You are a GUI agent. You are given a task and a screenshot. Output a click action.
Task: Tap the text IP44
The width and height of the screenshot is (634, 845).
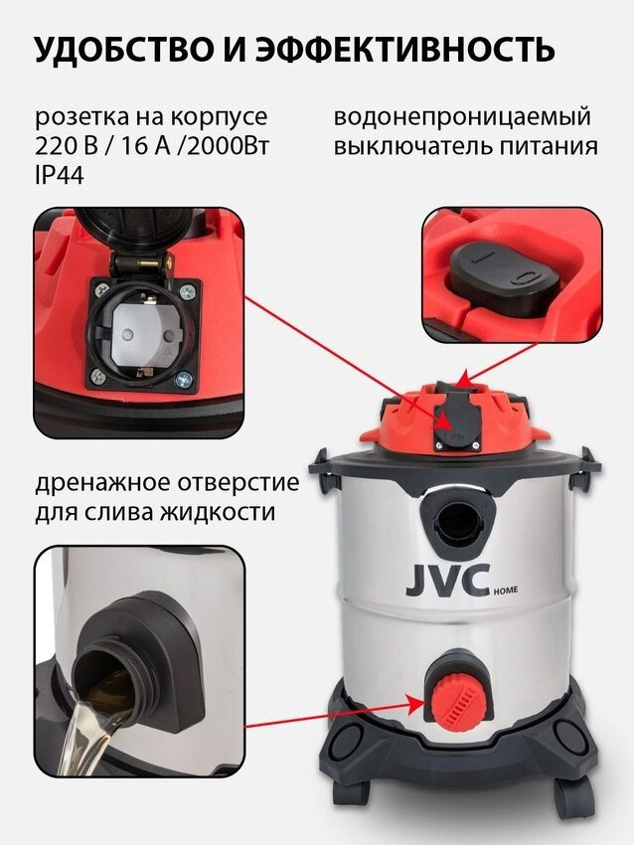click(60, 175)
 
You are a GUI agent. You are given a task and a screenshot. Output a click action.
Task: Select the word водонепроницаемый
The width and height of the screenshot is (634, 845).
click(462, 117)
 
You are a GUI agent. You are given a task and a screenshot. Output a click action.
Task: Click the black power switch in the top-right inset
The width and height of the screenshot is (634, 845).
click(502, 276)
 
